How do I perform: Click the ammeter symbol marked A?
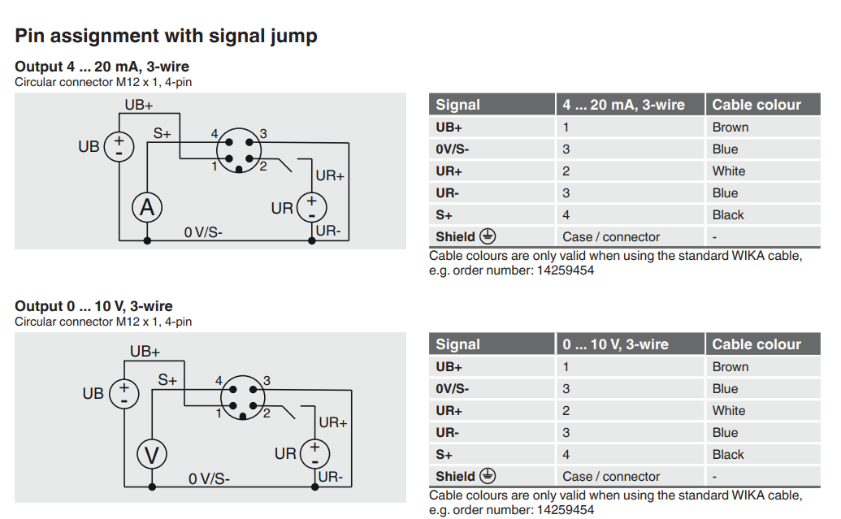pyautogui.click(x=147, y=208)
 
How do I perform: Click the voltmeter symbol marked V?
pyautogui.click(x=151, y=455)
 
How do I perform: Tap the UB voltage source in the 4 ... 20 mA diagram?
pyautogui.click(x=119, y=146)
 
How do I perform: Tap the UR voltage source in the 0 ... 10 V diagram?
pyautogui.click(x=314, y=453)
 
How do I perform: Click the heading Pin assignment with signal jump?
pyautogui.click(x=166, y=36)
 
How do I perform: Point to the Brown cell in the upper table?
pyautogui.click(x=730, y=127)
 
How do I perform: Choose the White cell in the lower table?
pyautogui.click(x=728, y=411)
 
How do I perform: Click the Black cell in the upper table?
pyautogui.click(x=728, y=215)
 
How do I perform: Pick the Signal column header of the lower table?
pyautogui.click(x=457, y=344)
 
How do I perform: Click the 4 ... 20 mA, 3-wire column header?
pyautogui.click(x=623, y=105)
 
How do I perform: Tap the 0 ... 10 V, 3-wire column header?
pyautogui.click(x=615, y=344)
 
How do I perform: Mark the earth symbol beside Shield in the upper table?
pyautogui.click(x=488, y=236)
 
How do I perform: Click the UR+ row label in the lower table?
pyautogui.click(x=449, y=411)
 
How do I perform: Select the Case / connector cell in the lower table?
pyautogui.click(x=611, y=477)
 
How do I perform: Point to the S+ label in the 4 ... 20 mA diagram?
pyautogui.click(x=162, y=133)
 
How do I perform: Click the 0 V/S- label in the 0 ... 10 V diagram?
pyautogui.click(x=209, y=479)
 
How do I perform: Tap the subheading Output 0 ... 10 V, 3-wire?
pyautogui.click(x=93, y=306)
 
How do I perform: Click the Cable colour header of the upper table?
pyautogui.click(x=756, y=105)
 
